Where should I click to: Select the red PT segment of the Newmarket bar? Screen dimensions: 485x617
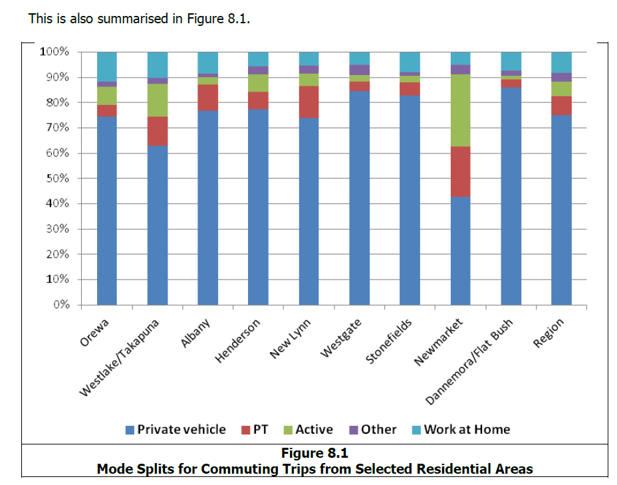460,171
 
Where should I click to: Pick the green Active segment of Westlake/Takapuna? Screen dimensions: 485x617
157,100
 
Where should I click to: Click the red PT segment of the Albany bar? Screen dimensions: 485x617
207,98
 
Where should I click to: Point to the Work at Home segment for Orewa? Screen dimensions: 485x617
106,66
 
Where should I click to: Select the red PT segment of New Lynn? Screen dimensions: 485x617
308,102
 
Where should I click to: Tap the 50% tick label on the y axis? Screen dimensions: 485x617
54,179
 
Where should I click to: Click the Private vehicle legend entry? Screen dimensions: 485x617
176,429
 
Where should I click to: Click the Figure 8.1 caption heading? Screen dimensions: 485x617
314,454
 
